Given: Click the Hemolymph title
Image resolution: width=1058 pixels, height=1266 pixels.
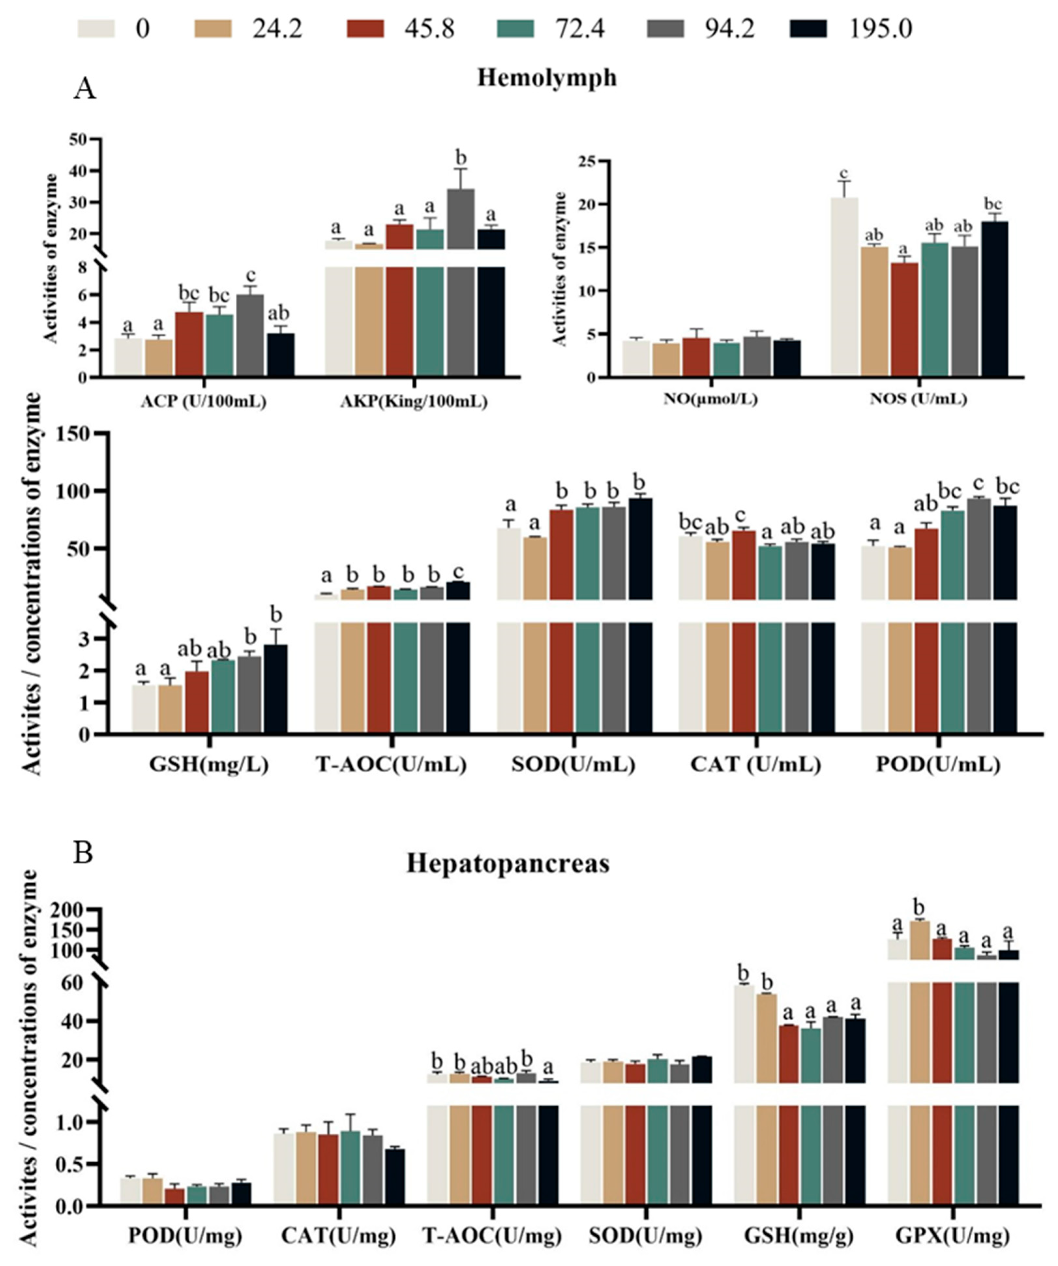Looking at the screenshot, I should coord(547,78).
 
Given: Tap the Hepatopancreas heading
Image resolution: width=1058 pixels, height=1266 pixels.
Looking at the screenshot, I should coord(507,863).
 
